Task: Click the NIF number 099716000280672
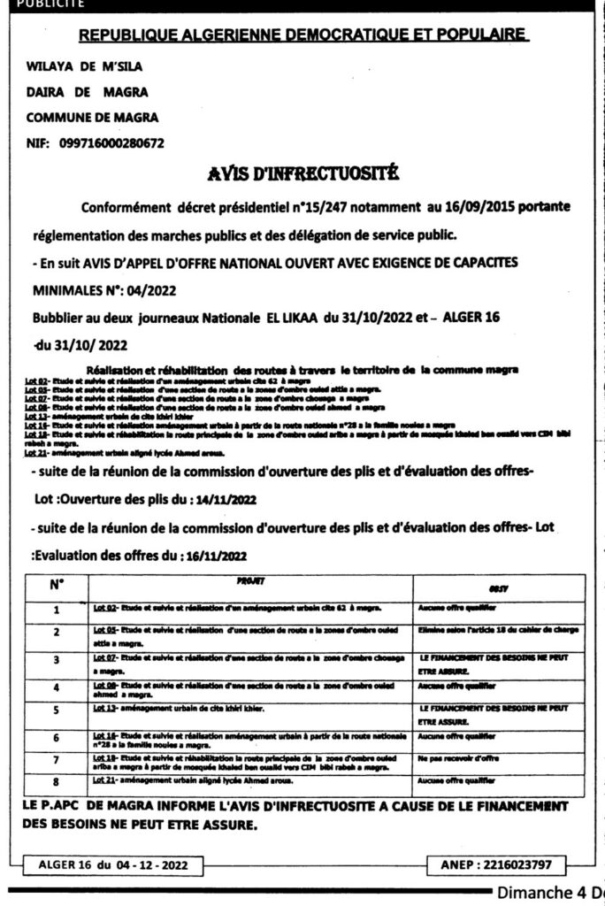(x=112, y=142)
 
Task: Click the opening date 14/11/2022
(x=223, y=499)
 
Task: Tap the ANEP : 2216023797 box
(x=497, y=863)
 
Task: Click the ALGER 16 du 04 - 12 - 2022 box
(x=112, y=863)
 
